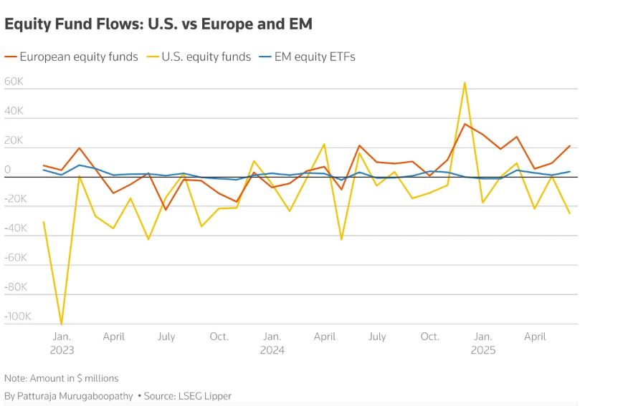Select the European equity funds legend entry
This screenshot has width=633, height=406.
pos(79,57)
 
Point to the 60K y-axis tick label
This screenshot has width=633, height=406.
pos(14,82)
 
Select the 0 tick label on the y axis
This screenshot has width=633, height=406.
pos(8,170)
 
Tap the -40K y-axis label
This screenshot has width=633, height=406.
pos(16,228)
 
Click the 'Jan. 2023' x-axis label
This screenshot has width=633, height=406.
pos(62,343)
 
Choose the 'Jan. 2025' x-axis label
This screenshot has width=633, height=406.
pos(482,343)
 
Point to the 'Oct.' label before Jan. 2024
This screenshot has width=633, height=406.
pos(219,337)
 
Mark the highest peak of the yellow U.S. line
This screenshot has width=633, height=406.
pos(465,82)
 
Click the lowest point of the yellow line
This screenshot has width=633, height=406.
pos(62,324)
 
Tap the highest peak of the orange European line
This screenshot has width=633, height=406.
pos(465,124)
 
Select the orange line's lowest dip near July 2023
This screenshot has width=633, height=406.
pos(166,209)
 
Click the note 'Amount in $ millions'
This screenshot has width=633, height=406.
pos(62,378)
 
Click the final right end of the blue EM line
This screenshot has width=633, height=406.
pos(570,172)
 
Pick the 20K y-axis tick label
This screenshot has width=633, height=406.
pos(14,140)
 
